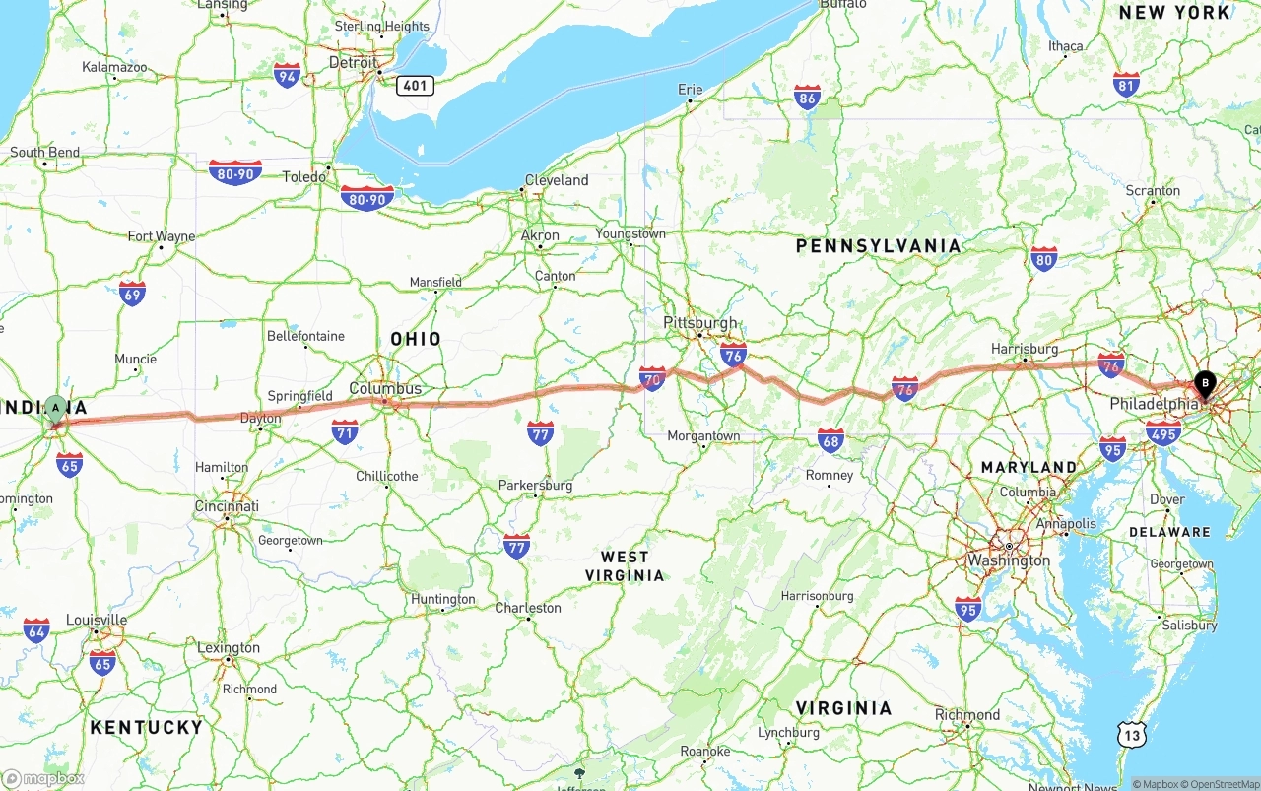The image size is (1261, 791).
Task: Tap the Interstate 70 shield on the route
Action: point(652,378)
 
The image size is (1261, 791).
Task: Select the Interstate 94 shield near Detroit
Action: point(287,75)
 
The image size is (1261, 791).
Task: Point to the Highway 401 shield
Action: point(415,86)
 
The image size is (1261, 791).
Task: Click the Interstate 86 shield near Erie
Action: point(808,97)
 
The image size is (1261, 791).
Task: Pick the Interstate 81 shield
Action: point(1126,84)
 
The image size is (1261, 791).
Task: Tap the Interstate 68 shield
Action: point(830,440)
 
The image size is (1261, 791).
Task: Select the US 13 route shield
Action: point(1132,733)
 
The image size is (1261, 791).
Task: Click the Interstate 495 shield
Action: point(1163,432)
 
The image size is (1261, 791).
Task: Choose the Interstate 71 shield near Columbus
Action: point(344,431)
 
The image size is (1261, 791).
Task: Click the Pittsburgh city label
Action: point(700,323)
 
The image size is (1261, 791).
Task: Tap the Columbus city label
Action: point(385,388)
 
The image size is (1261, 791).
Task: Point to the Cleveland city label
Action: point(557,180)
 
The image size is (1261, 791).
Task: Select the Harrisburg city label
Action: point(1025,349)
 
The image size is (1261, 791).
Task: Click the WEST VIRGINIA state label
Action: point(625,566)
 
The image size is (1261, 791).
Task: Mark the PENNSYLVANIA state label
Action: point(878,246)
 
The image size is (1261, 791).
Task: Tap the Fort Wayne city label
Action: point(162,236)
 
